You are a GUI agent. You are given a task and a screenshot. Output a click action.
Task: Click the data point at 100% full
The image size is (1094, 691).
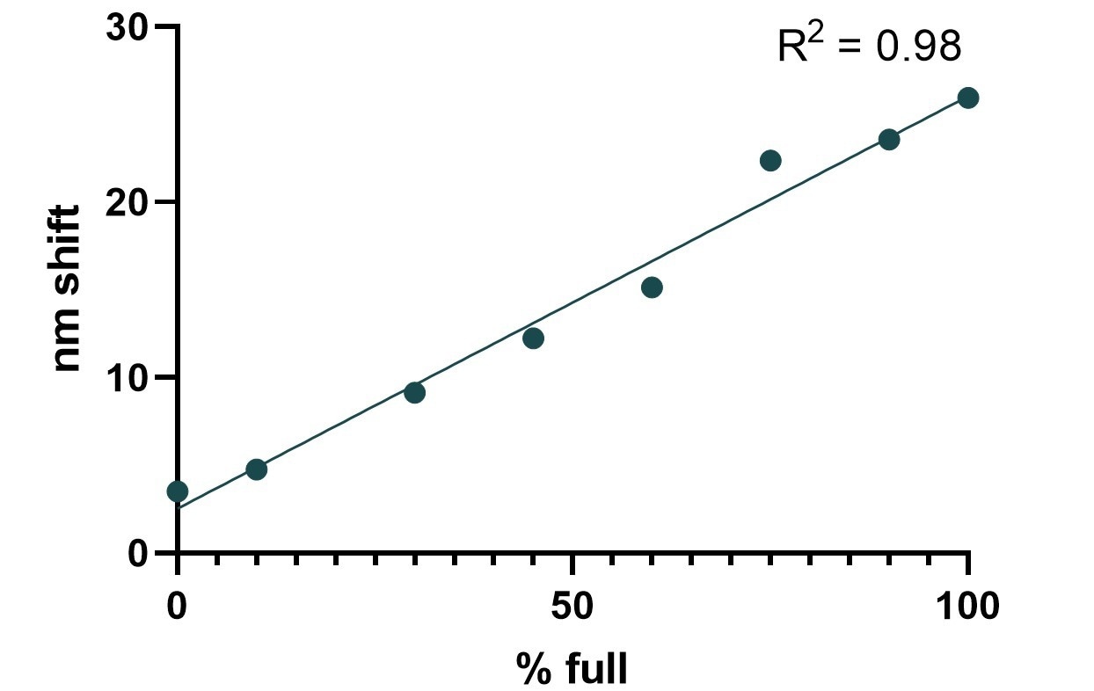click(x=967, y=98)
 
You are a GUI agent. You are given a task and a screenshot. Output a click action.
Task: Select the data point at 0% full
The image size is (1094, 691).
click(x=178, y=491)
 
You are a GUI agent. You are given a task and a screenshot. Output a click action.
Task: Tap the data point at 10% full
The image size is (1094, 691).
click(x=256, y=469)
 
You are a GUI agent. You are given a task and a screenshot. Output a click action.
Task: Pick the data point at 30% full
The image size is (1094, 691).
click(x=414, y=392)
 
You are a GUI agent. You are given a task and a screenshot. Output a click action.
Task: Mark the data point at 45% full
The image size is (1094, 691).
click(x=533, y=338)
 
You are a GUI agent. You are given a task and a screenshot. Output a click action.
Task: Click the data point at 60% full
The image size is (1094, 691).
click(x=652, y=287)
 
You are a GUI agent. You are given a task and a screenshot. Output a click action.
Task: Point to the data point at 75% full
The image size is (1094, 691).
click(x=770, y=160)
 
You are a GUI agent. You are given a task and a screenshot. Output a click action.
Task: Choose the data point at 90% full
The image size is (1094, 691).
click(x=889, y=139)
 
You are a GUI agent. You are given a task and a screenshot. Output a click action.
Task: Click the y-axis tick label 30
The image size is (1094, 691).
click(x=125, y=27)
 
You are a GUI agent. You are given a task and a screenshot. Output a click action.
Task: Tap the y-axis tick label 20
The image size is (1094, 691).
click(x=125, y=202)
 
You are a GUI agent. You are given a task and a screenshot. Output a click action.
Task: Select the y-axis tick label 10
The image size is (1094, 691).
click(x=125, y=377)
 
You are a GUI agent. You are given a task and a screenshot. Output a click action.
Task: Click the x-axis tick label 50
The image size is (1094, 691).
click(x=573, y=607)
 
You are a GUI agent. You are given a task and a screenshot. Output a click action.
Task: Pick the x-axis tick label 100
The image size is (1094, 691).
click(x=967, y=607)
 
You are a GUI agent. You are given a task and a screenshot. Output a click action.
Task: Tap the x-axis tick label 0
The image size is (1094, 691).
click(x=178, y=607)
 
